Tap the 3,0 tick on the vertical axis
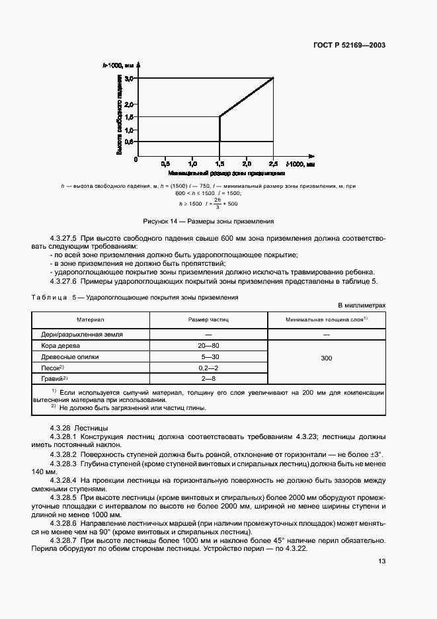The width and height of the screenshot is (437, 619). pos(129,79)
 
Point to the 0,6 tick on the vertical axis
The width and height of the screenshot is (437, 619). pos(129,142)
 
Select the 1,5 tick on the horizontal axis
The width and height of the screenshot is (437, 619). pos(219,162)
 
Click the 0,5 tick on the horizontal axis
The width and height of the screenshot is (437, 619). pos(165,162)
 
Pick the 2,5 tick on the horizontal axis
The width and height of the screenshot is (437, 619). pos(272,162)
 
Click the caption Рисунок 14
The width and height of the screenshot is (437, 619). pos(208,221)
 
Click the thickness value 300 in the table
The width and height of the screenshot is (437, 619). pos(326,358)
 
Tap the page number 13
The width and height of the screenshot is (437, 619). pos(381,561)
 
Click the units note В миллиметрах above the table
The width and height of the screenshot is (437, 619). pos(361,306)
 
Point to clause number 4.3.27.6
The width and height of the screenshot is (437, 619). pos(65,282)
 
